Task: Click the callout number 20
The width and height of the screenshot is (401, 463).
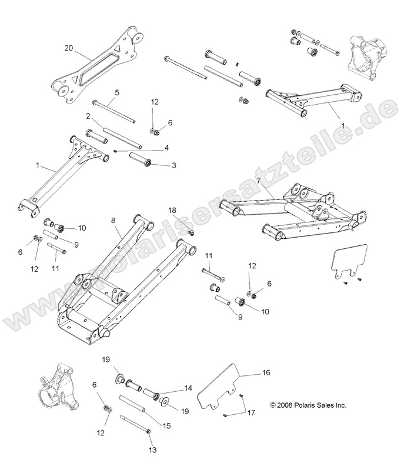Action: (x=68, y=48)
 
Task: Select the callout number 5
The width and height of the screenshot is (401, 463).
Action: (x=116, y=92)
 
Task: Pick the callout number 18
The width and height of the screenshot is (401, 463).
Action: (x=172, y=210)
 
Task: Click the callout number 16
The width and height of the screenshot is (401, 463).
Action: (x=266, y=373)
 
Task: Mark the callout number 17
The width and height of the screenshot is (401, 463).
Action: (x=252, y=412)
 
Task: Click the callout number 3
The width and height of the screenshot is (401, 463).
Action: (x=173, y=165)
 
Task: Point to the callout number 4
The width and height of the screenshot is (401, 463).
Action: (x=166, y=147)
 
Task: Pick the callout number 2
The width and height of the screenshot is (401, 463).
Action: (x=87, y=116)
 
